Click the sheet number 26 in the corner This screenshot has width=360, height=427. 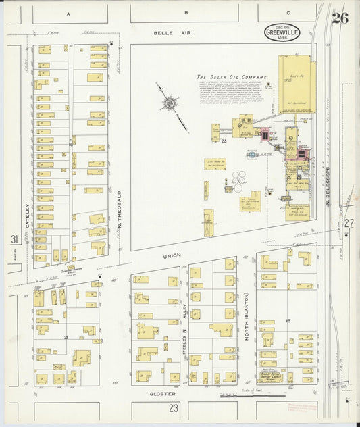(340, 18)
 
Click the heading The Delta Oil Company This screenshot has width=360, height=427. (232, 77)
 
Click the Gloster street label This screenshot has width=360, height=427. (163, 393)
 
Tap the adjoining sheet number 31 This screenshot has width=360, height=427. (14, 239)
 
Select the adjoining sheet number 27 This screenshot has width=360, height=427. (349, 223)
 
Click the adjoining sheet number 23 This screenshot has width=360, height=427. (174, 407)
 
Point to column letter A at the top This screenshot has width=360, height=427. (68, 13)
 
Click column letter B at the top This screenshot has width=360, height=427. (186, 13)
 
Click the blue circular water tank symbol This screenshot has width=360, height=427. (252, 155)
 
